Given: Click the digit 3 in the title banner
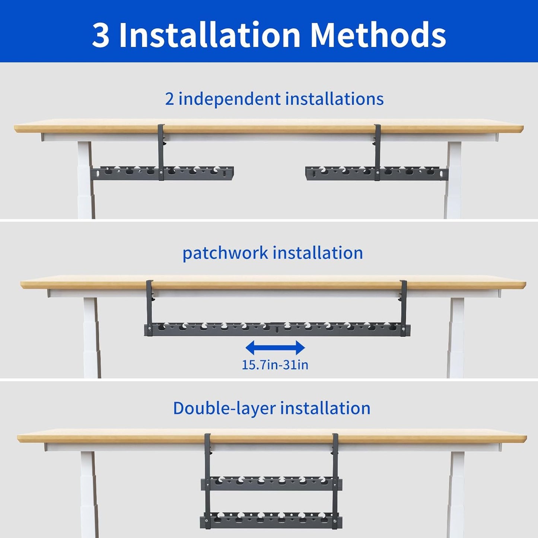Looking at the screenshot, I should point(101,35).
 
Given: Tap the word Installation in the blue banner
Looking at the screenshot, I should point(210,35).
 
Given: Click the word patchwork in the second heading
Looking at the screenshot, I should point(225,253).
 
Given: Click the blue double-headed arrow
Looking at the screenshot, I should point(275,348).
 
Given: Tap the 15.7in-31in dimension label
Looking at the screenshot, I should point(275,365).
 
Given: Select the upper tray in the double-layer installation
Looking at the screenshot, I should point(272,484).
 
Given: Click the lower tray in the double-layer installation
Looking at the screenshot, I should point(272,520).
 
